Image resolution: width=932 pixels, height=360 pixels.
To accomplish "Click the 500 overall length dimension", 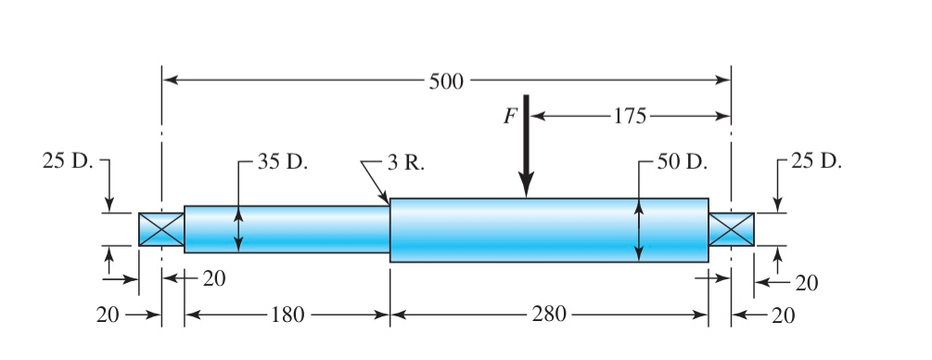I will pos(445,81).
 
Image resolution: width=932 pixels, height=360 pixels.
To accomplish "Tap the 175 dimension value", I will pos(631,117).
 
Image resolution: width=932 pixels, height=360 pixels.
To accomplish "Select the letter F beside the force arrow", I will pos(510,117).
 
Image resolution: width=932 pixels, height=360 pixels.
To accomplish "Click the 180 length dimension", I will pos(287,315).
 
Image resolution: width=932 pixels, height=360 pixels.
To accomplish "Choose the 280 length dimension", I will pos(549,315).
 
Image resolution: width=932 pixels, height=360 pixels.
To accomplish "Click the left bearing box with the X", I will pos(161,229).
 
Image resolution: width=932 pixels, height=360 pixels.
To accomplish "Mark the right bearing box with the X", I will pos(731,229).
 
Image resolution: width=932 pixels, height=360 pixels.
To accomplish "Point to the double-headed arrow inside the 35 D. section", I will pos(238,229).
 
